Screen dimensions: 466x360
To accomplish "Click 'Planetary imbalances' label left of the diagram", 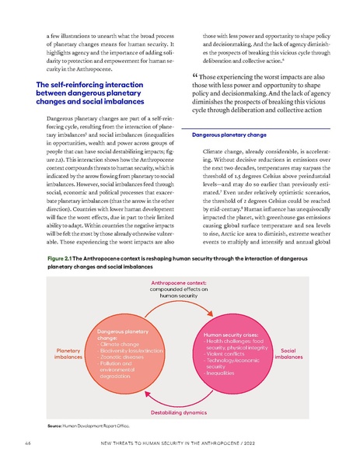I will click(68, 354).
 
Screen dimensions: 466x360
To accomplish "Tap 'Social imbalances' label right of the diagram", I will click(288, 354).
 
